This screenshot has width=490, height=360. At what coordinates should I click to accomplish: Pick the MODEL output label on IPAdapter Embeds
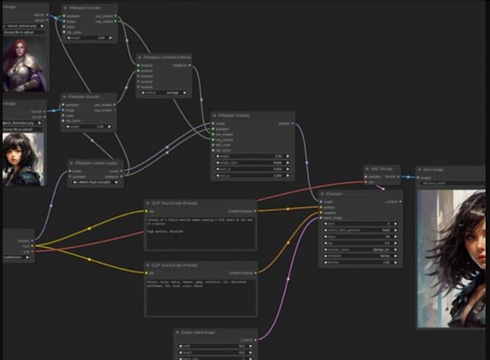click(284, 123)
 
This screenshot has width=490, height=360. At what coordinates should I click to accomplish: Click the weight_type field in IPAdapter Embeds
click(251, 163)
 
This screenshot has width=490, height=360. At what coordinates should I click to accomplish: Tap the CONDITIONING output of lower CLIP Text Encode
click(241, 273)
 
